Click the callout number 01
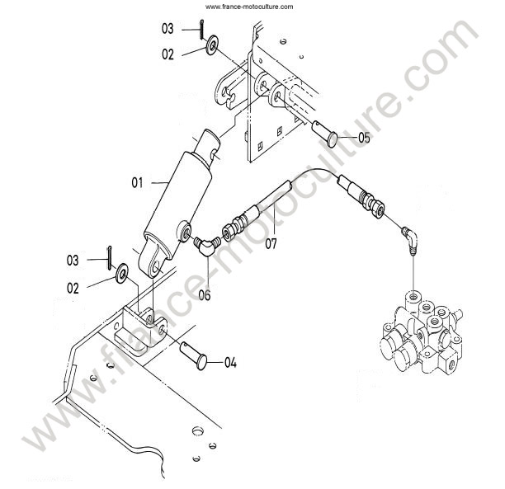point(137,183)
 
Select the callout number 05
point(364,138)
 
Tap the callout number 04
point(230,363)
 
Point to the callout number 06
point(205,295)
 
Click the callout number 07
point(271,244)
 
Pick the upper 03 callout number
point(168,29)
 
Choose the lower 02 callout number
point(73,288)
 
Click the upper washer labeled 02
point(212,45)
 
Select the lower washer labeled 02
point(122,273)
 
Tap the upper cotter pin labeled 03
point(201,30)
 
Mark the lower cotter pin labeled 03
point(110,258)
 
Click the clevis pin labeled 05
point(325,134)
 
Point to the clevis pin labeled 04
point(193,355)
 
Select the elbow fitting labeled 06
point(206,245)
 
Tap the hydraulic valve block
point(422,333)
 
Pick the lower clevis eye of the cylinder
point(151,257)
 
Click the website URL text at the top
point(249,7)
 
